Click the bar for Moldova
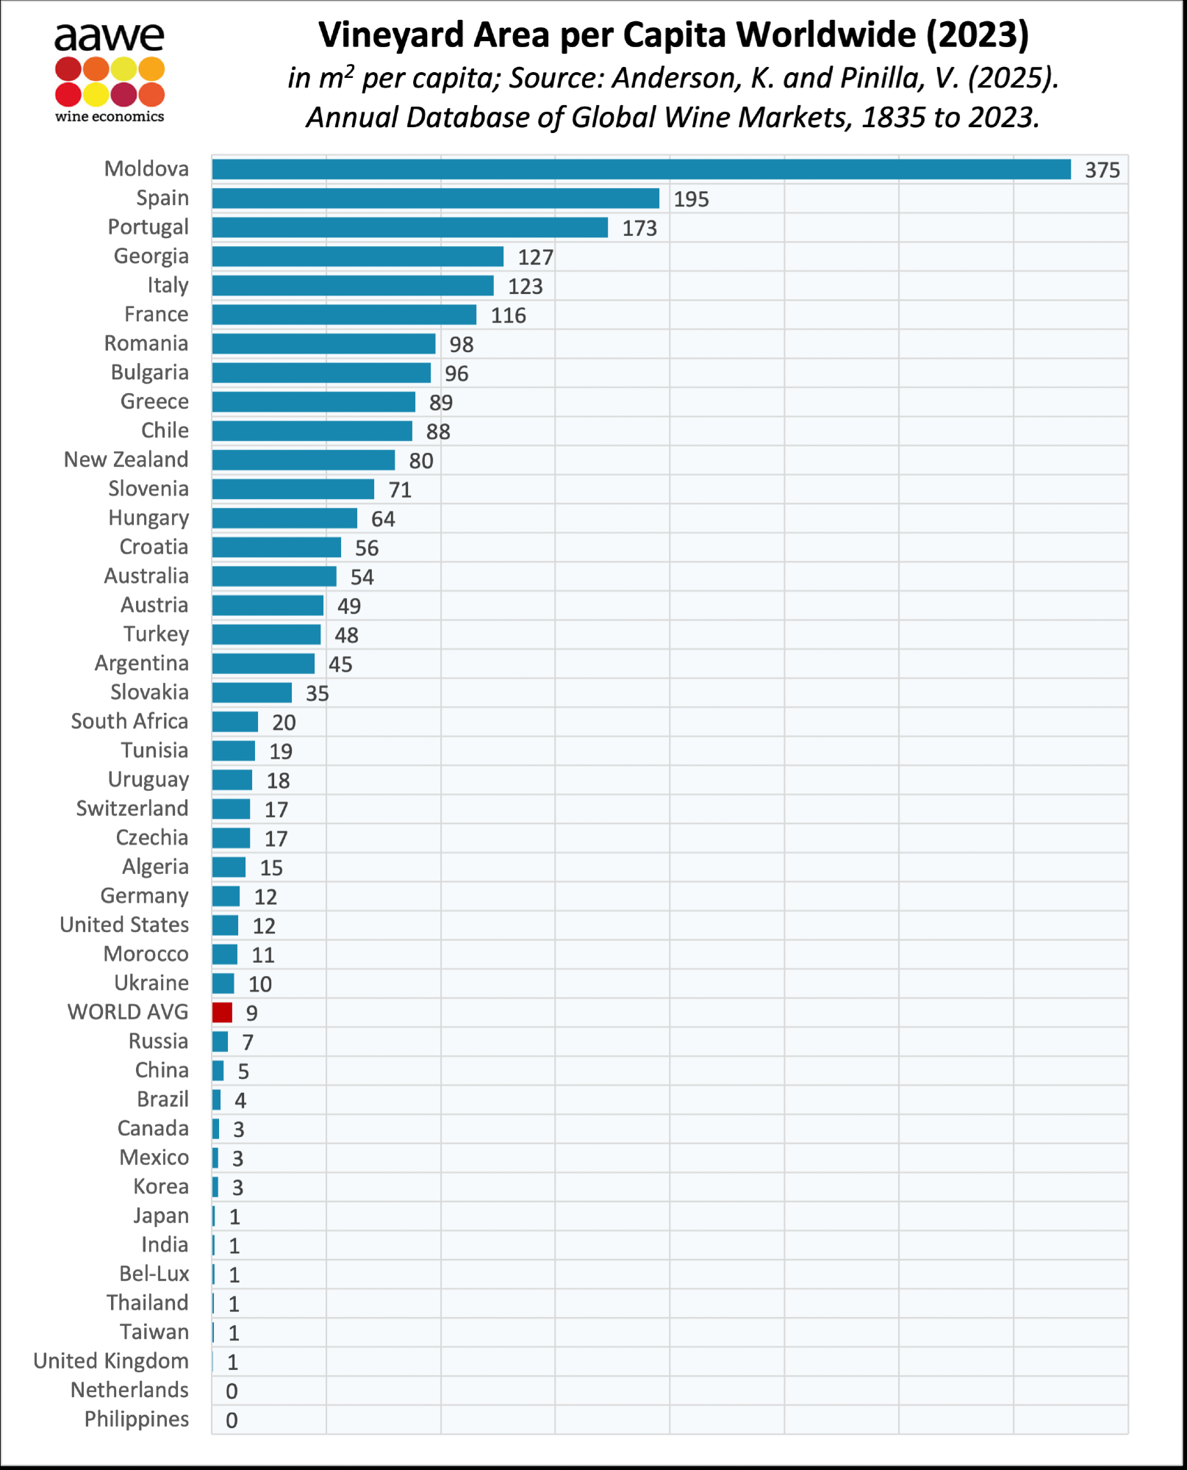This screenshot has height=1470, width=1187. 641,170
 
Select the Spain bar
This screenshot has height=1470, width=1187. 435,198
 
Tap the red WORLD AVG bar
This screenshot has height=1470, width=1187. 222,1013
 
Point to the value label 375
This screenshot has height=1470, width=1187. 1102,171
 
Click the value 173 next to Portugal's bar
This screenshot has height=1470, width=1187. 639,229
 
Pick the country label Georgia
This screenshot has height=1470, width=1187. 151,257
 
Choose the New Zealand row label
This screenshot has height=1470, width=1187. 126,460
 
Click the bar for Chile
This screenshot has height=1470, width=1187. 312,431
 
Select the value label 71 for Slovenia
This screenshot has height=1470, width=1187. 400,490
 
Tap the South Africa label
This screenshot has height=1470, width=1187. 129,722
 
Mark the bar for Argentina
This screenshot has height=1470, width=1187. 263,664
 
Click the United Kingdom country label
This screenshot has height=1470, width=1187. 111,1361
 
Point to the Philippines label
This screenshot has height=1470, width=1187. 137,1419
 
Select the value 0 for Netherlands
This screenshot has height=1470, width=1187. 232,1391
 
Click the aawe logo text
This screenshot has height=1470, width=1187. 109,36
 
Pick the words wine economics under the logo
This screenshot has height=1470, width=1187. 110,116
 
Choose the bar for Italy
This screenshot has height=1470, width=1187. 353,286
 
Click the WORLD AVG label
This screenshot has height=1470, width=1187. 128,1013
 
